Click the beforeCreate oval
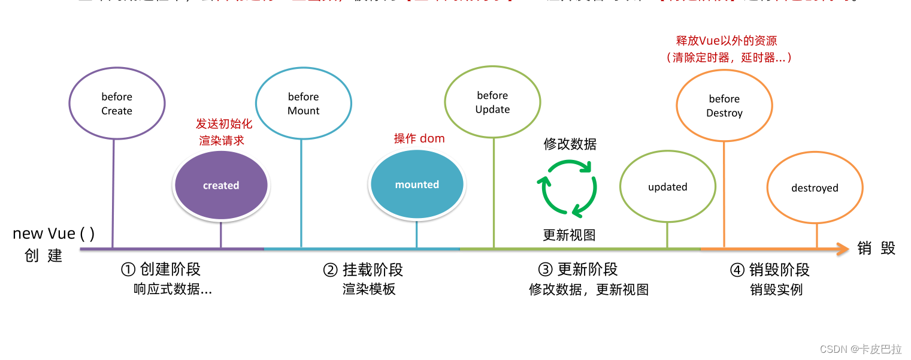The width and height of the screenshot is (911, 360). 117,104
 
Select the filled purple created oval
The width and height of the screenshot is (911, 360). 221,185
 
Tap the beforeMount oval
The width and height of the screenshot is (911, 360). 303,104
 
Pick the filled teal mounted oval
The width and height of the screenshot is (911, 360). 417,184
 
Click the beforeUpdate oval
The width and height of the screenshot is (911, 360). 492,102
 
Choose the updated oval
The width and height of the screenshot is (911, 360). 667,187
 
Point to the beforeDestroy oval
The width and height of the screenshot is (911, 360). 724,106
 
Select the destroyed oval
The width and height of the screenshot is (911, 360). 815,188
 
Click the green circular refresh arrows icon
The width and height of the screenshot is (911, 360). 569,187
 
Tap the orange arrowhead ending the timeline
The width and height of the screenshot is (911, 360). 843,249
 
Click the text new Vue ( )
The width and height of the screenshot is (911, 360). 54,234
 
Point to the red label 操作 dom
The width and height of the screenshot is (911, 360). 419,138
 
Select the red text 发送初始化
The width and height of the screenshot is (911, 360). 220,124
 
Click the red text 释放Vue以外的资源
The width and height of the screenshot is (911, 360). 726,41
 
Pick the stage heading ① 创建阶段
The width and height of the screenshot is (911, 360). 161,270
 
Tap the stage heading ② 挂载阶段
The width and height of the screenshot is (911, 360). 363,270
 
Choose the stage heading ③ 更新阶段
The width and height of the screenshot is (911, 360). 577,270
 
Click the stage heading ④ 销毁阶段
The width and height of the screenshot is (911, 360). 770,270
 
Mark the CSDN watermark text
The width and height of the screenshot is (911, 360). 860,349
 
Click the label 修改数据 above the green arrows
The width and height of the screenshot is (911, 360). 570,144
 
